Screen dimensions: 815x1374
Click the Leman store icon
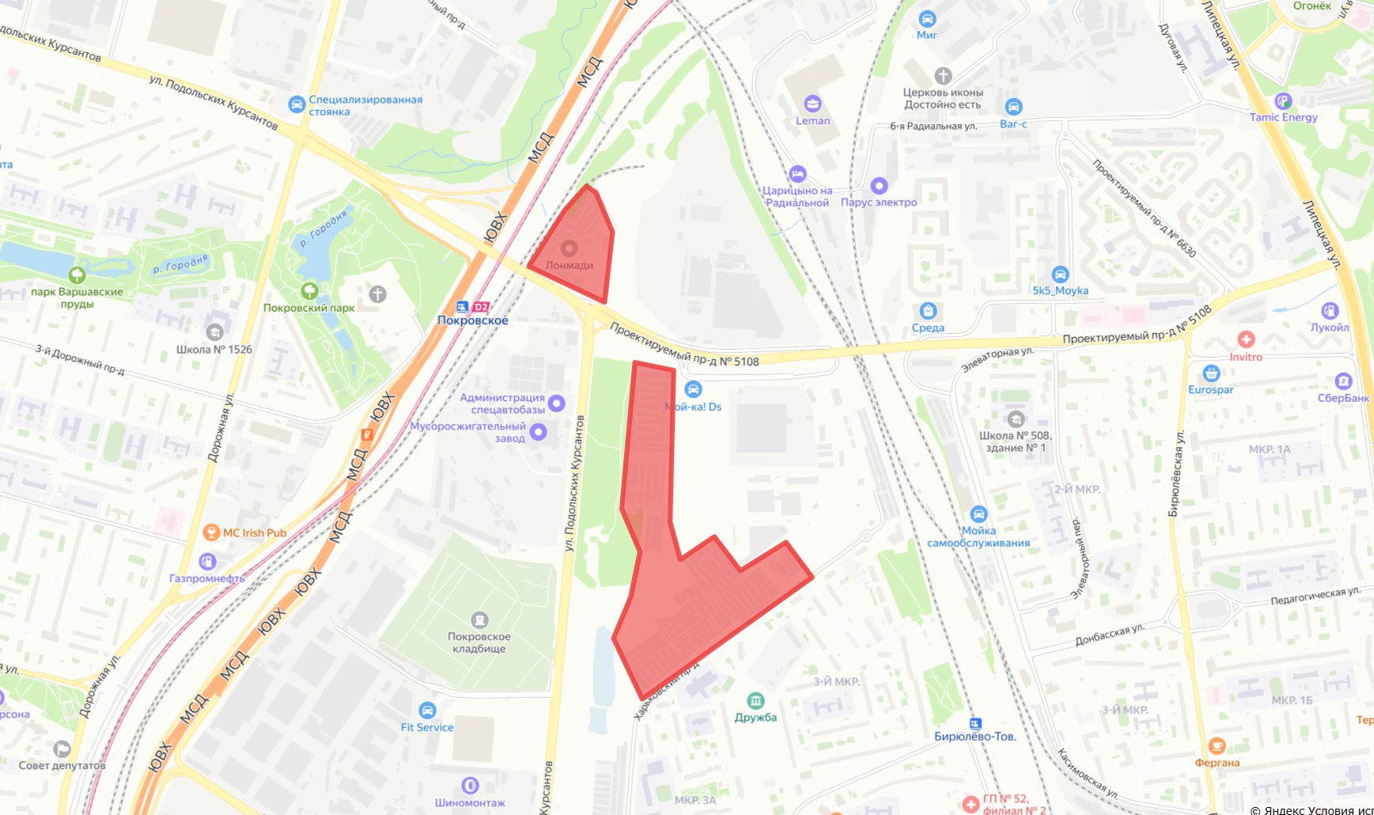812,104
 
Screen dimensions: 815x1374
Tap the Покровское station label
472,320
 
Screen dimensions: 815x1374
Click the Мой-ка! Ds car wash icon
693,389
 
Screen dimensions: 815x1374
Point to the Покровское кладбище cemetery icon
479,620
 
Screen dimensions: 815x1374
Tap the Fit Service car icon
427,711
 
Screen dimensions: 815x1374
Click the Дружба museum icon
755,701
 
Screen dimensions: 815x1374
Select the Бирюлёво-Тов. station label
975,737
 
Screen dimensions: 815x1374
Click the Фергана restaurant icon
1217,746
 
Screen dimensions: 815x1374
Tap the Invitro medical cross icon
1246,339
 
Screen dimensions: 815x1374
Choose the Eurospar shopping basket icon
1210,373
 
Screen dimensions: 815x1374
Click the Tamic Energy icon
1283,101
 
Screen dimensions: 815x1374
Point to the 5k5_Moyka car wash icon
1060,275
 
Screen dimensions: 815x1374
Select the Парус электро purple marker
879,186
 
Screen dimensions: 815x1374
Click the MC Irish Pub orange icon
210,533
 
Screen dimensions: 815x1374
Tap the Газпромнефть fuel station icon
207,562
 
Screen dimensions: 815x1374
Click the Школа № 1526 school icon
214,332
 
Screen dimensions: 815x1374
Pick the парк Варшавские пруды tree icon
77,275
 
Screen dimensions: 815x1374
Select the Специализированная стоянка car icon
297,104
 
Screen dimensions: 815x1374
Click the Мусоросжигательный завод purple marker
539,432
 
